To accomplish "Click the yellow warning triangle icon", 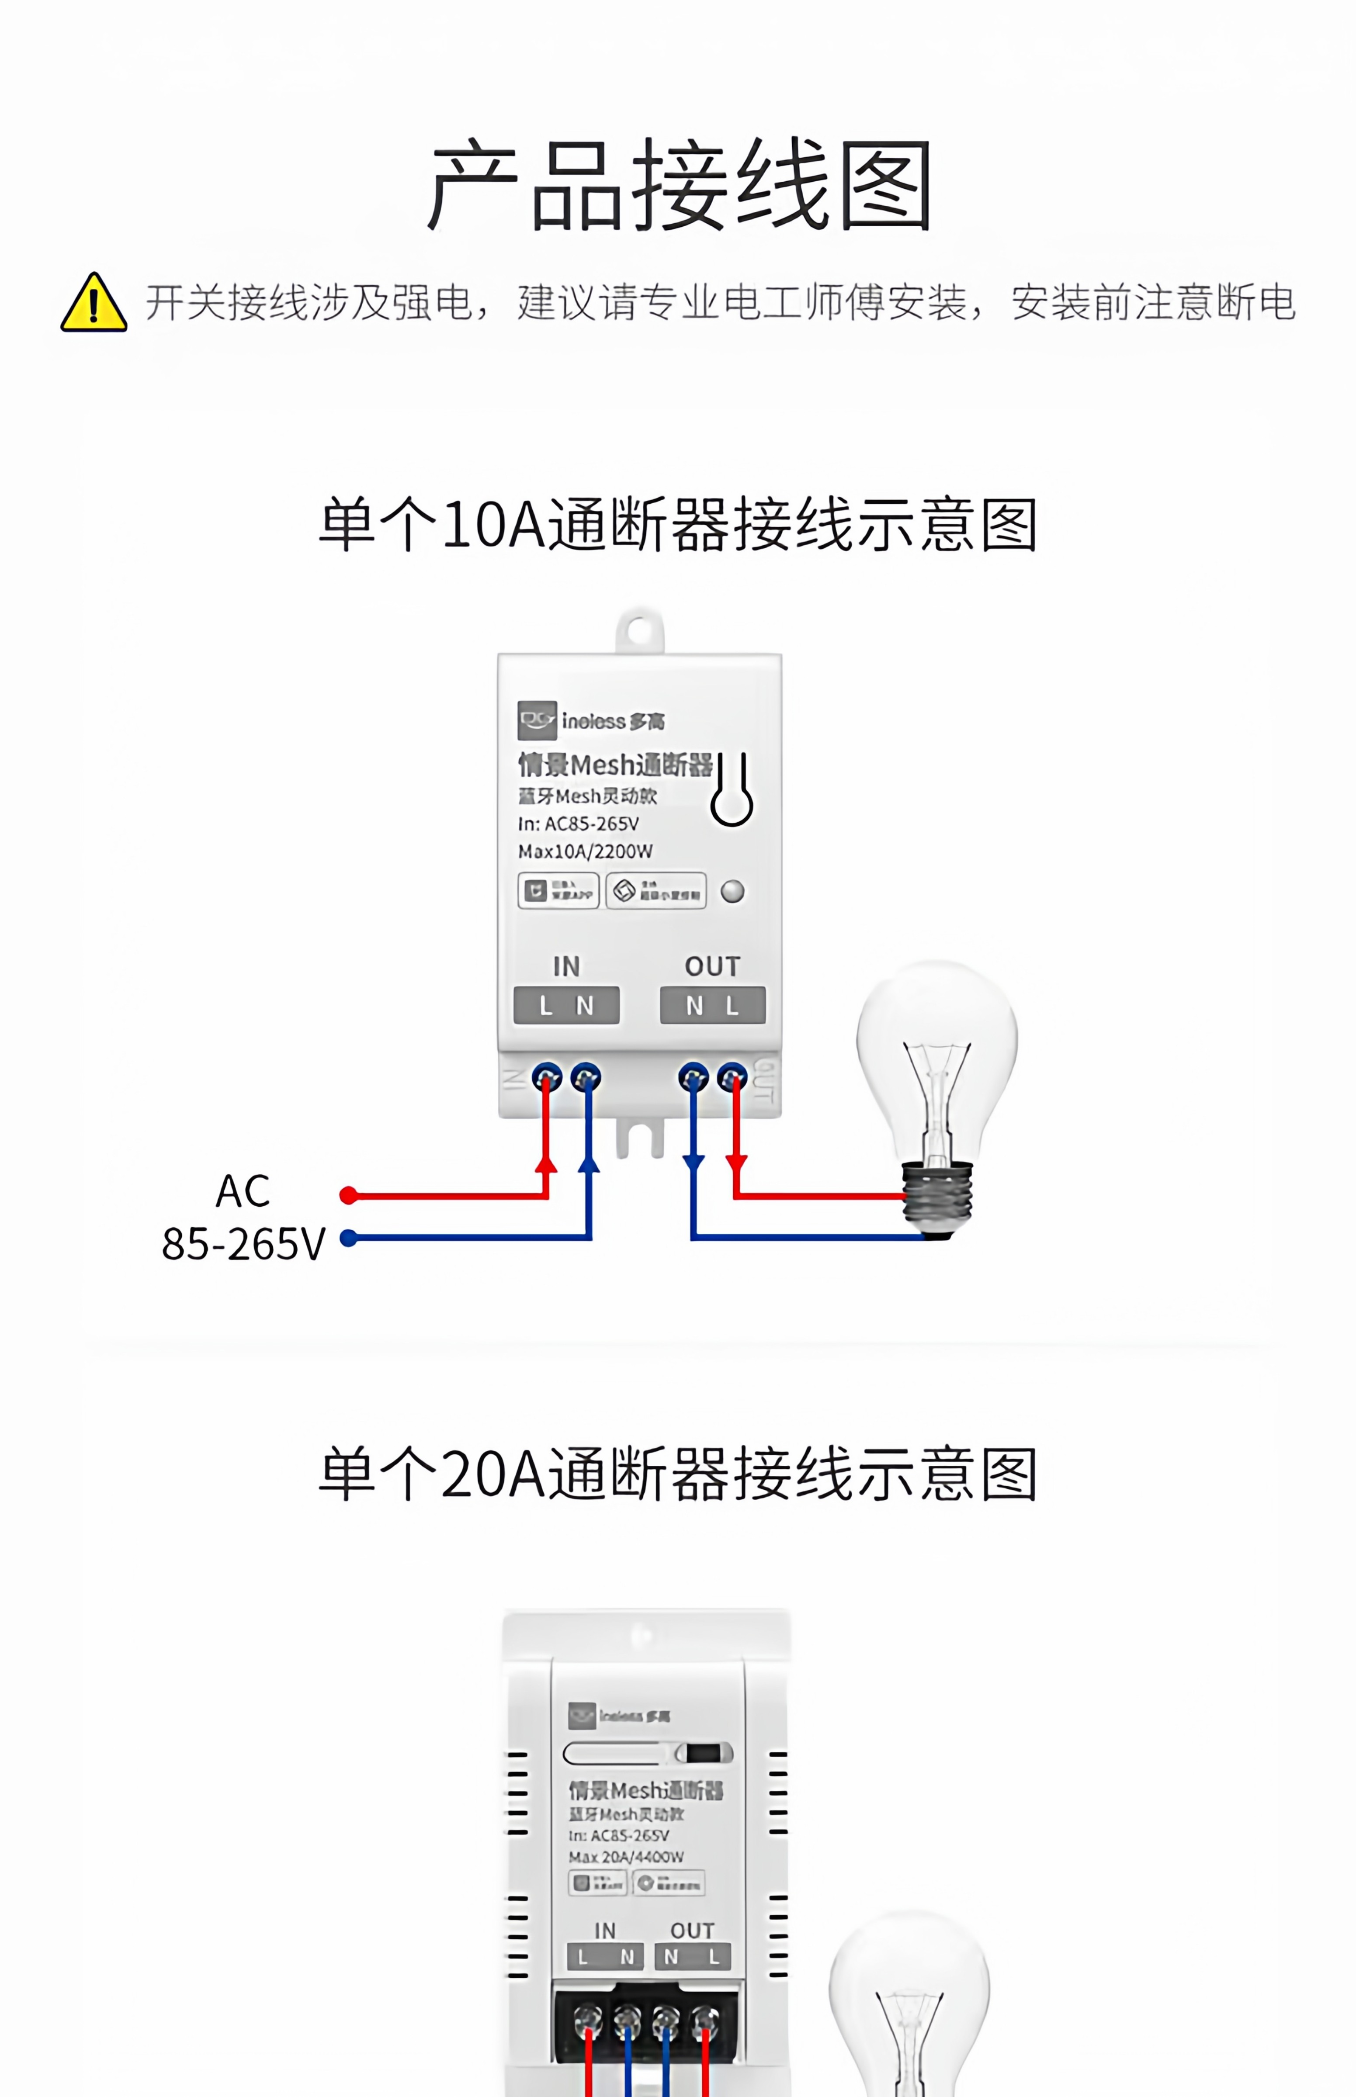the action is click(x=94, y=303).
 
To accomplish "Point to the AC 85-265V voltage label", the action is click(x=243, y=1218).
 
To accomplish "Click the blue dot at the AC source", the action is click(x=349, y=1238).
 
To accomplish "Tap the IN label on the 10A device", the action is click(x=566, y=967).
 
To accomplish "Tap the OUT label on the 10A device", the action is click(x=712, y=967).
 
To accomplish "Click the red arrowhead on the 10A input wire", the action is click(x=546, y=1164).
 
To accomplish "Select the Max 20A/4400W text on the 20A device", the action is click(x=626, y=1857).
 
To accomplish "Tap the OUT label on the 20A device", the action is click(x=692, y=1931).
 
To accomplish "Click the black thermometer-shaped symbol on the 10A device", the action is click(x=732, y=790).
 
